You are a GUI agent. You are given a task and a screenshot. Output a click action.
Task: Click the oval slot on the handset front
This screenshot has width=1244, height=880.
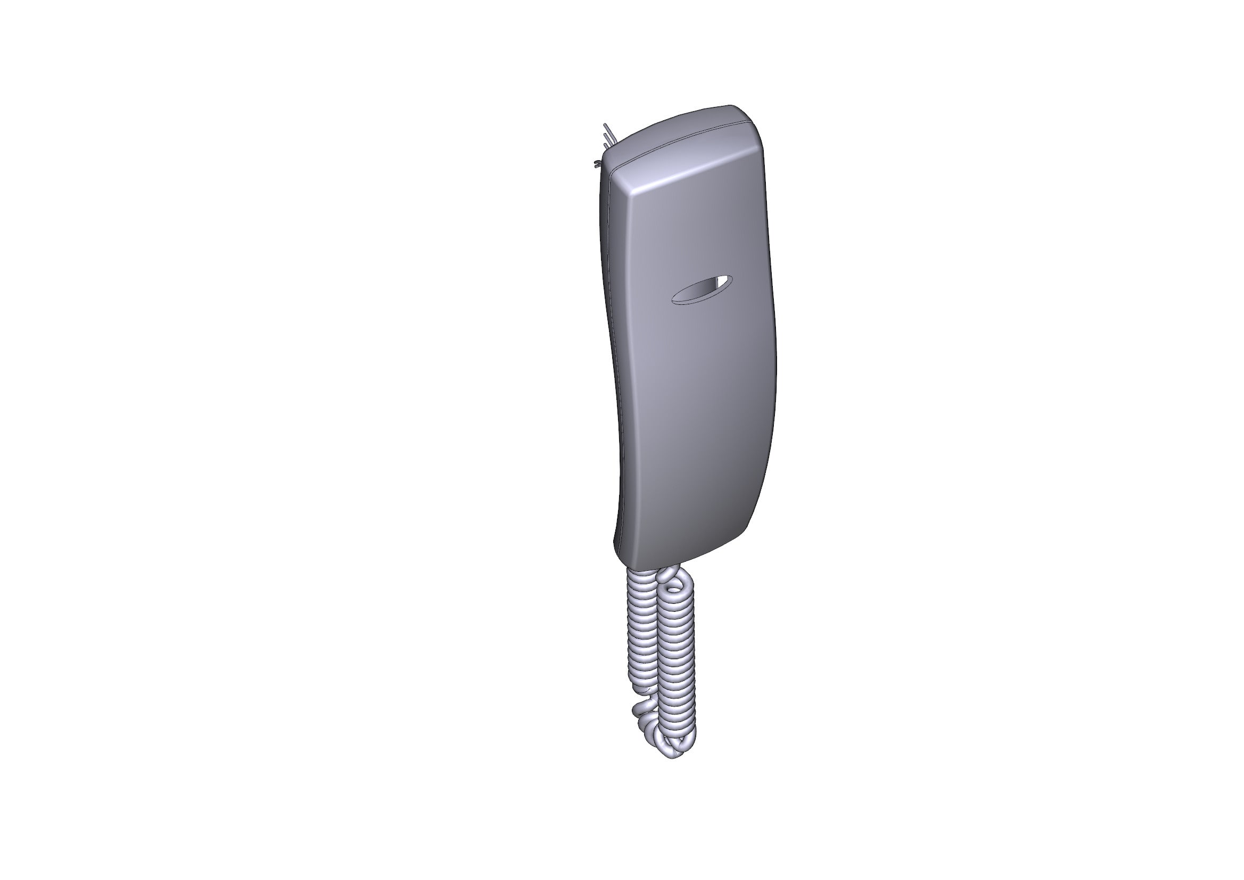(701, 290)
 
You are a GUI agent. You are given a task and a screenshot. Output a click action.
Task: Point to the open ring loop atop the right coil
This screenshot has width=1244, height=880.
(674, 583)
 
